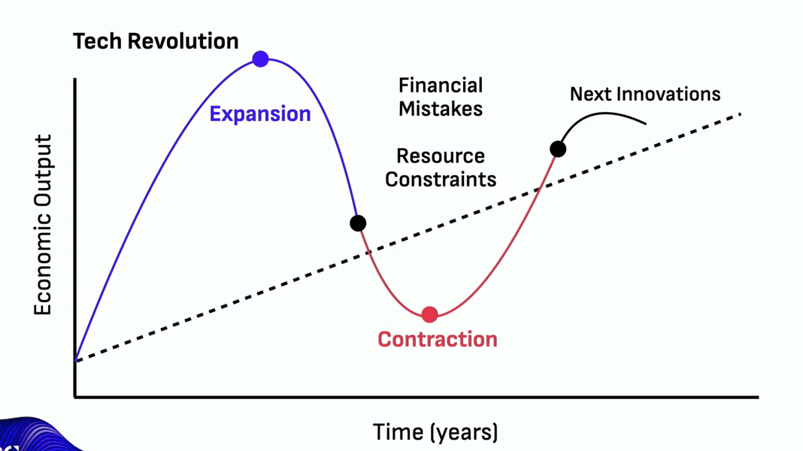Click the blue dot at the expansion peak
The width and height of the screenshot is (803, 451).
pos(260,59)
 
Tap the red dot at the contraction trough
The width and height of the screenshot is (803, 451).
pos(429,314)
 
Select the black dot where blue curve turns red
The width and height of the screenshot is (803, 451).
pos(358,223)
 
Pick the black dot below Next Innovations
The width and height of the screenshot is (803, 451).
pos(558,149)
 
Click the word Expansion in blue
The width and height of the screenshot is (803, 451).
pos(260,114)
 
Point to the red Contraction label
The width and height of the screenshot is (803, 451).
pos(438,340)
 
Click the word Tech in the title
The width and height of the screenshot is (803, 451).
pos(98,41)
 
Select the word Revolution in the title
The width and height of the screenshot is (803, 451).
pos(183,41)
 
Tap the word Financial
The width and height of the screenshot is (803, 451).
pos(441,86)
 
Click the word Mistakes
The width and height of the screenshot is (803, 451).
pos(441,108)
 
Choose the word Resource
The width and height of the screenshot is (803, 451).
pos(441,156)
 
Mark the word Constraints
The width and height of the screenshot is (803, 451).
pos(441,180)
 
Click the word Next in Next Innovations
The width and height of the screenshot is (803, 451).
pos(591,94)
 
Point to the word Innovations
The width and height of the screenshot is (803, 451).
pos(669,94)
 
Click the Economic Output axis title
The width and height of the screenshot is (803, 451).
pos(43,225)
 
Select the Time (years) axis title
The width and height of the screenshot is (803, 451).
pos(435,432)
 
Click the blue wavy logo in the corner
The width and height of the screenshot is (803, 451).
pos(36,435)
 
